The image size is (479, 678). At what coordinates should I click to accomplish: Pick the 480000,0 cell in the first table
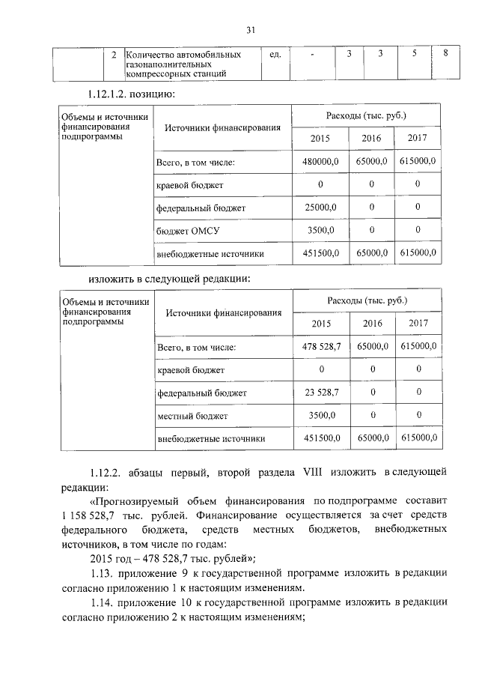point(321,161)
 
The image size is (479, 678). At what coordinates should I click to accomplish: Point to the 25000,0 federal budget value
point(321,208)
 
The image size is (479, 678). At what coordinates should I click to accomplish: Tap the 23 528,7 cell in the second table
point(321,392)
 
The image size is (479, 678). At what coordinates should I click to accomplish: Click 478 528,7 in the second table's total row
point(321,346)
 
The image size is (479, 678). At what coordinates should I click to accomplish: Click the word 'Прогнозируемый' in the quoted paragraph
point(135,500)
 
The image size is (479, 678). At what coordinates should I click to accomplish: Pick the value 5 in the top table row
point(414,54)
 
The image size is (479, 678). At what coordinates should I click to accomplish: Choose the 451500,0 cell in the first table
point(321,254)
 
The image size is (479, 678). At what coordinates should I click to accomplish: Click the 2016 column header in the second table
point(372,323)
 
